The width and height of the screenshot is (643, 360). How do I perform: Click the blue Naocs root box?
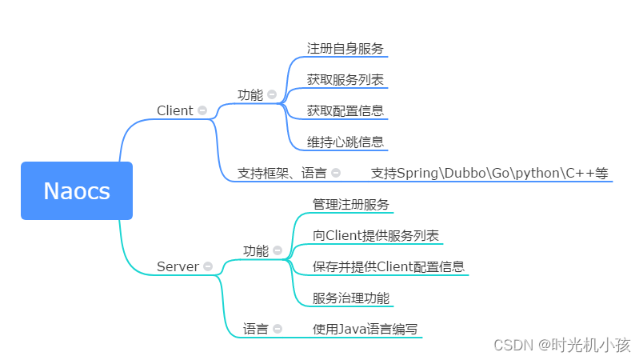[x=77, y=190]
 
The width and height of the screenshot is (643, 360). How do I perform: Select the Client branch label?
[x=174, y=110]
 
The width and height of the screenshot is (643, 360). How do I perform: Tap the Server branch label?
[x=177, y=266]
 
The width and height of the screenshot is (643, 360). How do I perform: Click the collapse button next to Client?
[x=202, y=110]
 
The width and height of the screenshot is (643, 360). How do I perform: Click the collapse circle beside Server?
[x=208, y=266]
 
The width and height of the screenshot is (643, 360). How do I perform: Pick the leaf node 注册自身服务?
[x=345, y=48]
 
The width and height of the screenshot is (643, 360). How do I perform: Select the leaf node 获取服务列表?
[x=345, y=79]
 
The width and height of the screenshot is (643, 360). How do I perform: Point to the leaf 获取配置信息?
[x=345, y=110]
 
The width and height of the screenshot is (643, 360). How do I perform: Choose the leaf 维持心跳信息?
[x=345, y=142]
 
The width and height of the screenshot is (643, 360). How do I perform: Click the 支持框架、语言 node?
[x=282, y=172]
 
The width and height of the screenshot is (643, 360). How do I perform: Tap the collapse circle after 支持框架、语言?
[x=336, y=172]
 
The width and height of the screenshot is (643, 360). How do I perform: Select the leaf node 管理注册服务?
[x=351, y=204]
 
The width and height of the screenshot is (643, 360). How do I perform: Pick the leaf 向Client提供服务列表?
[x=376, y=235]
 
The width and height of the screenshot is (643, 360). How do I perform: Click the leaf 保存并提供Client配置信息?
[x=389, y=266]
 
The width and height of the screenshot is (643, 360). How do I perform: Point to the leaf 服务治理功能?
[x=351, y=298]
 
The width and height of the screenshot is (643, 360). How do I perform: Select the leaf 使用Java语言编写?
[x=365, y=328]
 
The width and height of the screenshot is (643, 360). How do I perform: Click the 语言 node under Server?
[x=255, y=328]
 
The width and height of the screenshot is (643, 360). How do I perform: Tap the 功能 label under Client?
[x=250, y=94]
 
